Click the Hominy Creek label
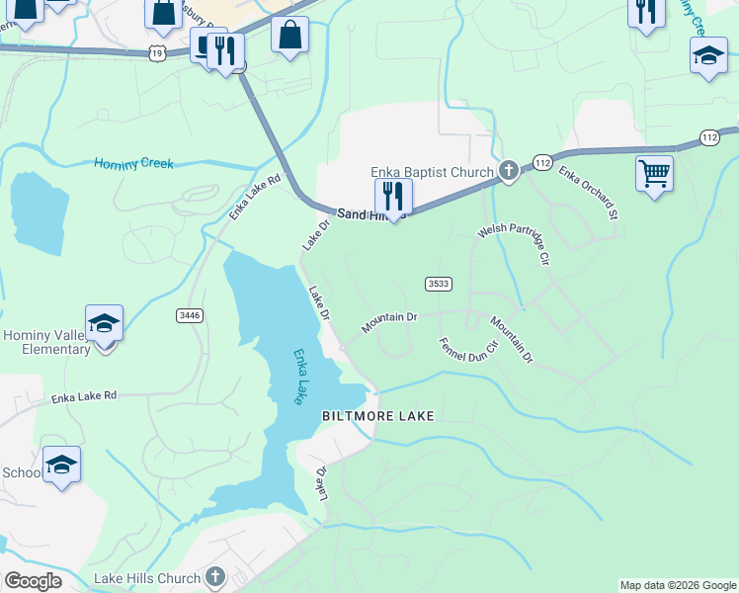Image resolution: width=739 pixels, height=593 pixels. pyautogui.click(x=133, y=163)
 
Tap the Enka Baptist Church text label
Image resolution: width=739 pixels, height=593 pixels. pyautogui.click(x=432, y=172)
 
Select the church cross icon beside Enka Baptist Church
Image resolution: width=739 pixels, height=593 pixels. pyautogui.click(x=509, y=172)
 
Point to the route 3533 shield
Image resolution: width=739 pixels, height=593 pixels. pyautogui.click(x=439, y=284)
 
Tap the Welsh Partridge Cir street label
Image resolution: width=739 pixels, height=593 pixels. pyautogui.click(x=513, y=245)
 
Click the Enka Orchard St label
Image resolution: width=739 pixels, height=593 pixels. pyautogui.click(x=589, y=193)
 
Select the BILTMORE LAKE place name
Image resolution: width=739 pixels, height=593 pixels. pyautogui.click(x=377, y=417)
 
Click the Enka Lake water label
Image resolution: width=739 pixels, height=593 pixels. pyautogui.click(x=296, y=377)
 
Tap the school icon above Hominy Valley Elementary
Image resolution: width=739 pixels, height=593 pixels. pyautogui.click(x=104, y=323)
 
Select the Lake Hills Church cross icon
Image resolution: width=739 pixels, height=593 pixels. pyautogui.click(x=216, y=577)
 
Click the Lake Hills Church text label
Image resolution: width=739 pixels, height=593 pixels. pyautogui.click(x=147, y=577)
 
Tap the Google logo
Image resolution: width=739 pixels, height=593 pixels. pyautogui.click(x=33, y=580)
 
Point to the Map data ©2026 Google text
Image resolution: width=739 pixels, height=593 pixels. pyautogui.click(x=677, y=585)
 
